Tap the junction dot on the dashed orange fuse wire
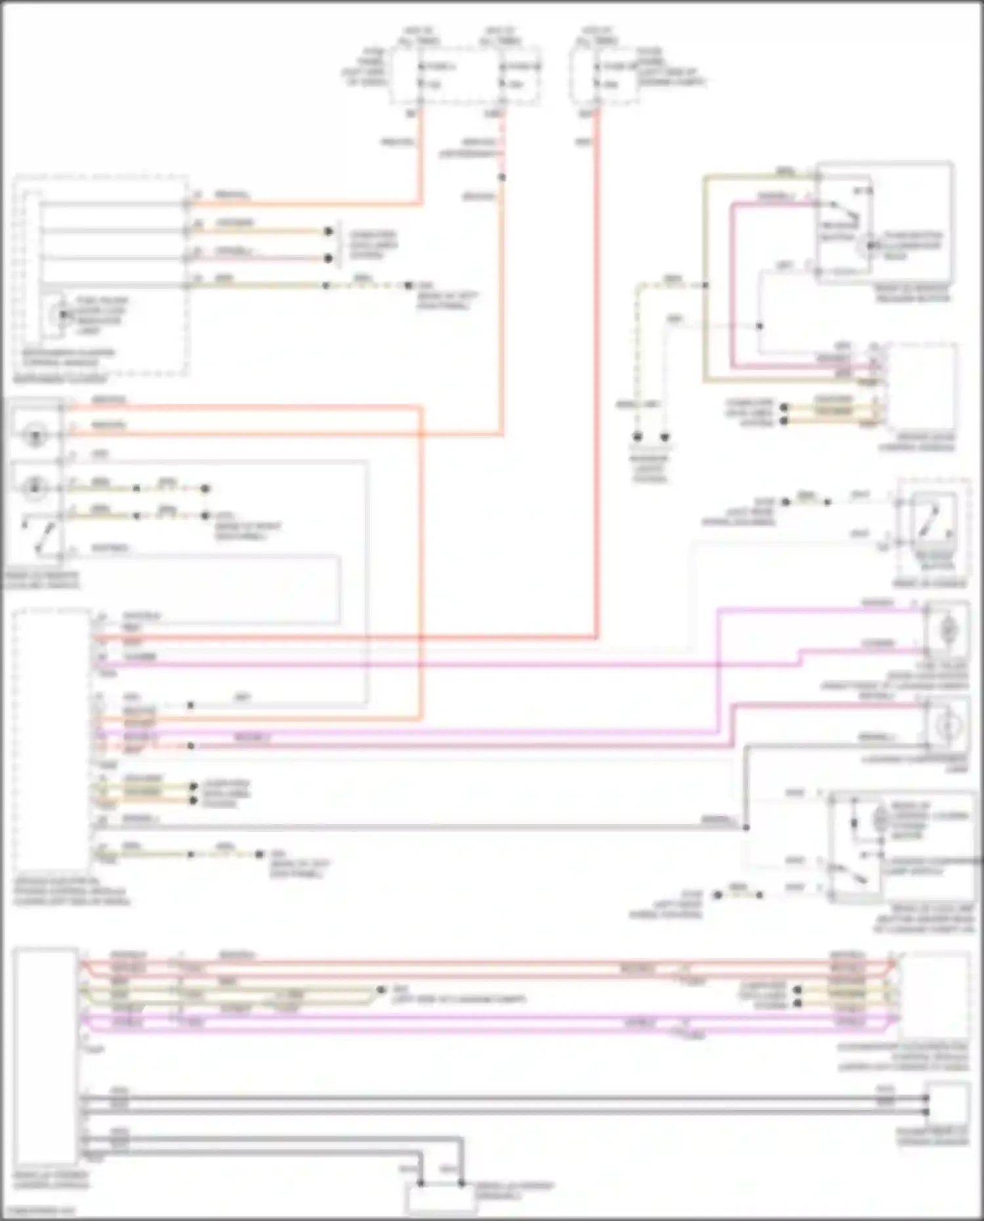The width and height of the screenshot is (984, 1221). coord(502,177)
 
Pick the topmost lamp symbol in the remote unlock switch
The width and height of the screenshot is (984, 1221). coord(34,434)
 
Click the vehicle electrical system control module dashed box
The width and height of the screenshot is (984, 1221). coord(51,738)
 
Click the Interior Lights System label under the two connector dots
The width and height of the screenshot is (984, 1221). coord(649,468)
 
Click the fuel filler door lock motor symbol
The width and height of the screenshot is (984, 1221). coord(947,630)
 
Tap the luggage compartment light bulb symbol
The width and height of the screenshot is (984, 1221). coord(947,725)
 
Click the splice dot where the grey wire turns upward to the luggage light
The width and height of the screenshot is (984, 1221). coord(746,827)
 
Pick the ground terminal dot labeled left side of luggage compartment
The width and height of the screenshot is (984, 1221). coord(380,989)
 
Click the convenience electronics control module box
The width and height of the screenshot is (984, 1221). coord(934,994)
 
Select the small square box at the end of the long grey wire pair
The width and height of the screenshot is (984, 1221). coord(947,1106)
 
